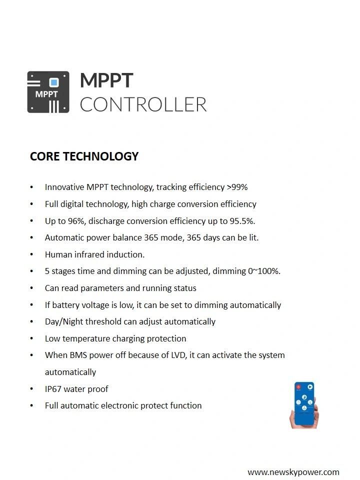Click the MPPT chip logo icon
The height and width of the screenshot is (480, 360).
point(48,92)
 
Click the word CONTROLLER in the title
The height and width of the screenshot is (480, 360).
point(143,104)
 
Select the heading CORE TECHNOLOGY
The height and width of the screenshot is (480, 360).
point(84,156)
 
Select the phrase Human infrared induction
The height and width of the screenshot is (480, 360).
point(94,254)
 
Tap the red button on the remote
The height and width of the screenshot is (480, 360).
point(298,387)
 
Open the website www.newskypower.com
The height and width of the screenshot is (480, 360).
point(293,472)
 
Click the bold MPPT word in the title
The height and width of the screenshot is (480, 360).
point(106,80)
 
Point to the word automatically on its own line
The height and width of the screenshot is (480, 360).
point(70,372)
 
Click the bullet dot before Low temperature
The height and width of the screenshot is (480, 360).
point(32,338)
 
